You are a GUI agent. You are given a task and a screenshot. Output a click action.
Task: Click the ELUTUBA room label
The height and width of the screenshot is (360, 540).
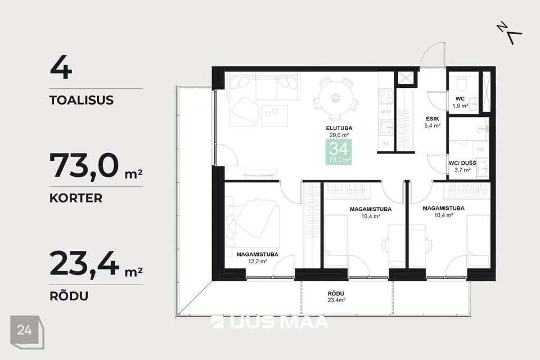339,128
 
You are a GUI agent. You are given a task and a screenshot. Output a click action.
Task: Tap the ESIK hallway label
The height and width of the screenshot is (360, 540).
432,119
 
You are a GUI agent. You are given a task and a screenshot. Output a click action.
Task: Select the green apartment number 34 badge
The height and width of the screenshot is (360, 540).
339,152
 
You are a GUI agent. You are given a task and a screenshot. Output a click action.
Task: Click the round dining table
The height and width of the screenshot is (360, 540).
336,98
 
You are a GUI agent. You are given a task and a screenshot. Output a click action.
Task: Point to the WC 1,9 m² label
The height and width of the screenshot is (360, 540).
460,102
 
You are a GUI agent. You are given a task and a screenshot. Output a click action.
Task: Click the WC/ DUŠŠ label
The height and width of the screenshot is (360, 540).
462,163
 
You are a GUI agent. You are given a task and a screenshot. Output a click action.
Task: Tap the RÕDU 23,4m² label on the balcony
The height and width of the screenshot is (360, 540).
336,296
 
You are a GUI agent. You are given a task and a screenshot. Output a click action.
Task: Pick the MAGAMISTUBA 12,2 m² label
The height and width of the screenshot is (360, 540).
257,258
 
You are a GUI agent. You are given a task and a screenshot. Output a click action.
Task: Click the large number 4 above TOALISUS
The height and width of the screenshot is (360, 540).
61,68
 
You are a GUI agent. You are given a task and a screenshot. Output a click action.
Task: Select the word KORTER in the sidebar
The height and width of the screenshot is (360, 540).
76,198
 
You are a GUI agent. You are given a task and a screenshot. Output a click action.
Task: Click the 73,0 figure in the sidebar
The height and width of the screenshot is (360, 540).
84,166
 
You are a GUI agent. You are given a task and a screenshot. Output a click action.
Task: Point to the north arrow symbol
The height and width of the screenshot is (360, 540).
509,33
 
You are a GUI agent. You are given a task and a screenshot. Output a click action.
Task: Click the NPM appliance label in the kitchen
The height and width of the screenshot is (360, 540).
386,112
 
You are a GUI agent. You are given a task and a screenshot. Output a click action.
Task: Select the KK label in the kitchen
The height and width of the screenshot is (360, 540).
386,143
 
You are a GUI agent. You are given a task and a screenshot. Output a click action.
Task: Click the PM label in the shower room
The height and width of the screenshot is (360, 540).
480,149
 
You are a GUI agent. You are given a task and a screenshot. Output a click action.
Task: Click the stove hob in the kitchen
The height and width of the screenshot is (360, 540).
386,96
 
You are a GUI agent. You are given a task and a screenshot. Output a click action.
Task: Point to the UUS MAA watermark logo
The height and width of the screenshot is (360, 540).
269,322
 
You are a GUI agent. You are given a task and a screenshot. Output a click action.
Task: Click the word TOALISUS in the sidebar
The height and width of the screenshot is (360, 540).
81,100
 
